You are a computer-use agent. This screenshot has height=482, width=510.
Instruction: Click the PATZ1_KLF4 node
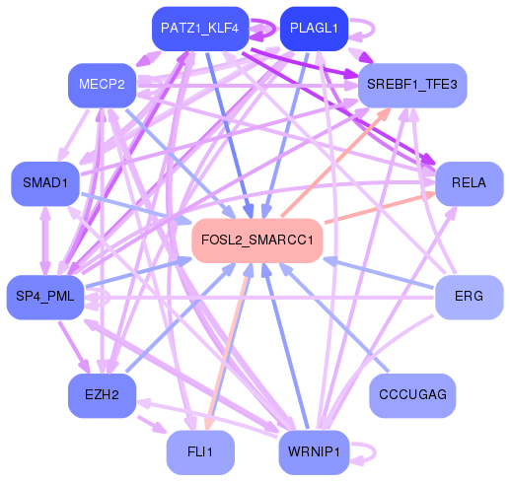point(199,29)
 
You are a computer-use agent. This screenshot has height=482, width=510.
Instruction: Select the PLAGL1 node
point(315,29)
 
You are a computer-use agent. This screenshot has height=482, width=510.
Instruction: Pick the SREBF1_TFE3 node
point(412,85)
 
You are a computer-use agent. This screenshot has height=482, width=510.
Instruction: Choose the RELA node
point(469,182)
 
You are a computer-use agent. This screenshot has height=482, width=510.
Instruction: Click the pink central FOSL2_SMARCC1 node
point(257,240)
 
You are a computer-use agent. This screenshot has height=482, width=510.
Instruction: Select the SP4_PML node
point(46,297)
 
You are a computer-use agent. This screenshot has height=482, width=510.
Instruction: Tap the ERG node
point(469,297)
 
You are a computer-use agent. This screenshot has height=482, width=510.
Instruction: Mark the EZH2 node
point(102,395)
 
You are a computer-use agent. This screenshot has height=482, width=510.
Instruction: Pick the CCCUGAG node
point(413,395)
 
